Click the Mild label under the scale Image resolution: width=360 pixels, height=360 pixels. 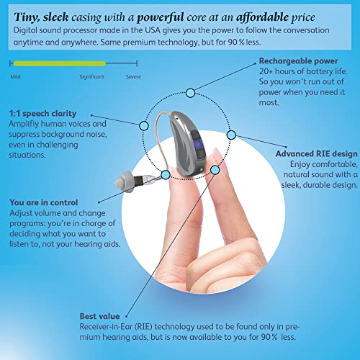15,76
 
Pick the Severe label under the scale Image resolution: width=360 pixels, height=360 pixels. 133,76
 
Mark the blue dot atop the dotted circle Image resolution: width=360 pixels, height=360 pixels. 190,92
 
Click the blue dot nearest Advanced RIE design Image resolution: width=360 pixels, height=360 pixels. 231,135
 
